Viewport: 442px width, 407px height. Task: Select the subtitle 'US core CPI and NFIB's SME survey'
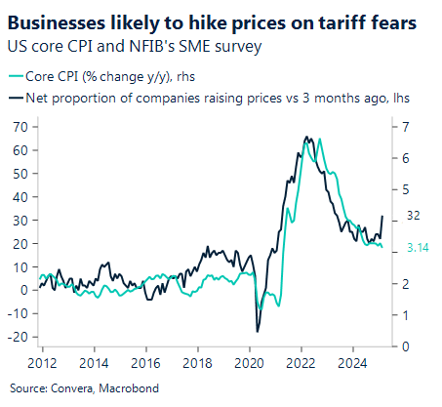click(x=133, y=45)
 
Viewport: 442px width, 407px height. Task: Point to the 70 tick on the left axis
click(x=18, y=127)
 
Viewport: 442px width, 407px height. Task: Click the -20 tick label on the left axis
click(x=16, y=337)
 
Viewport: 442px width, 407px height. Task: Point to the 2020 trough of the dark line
click(x=258, y=332)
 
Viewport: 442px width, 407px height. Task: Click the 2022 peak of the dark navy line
click(x=307, y=137)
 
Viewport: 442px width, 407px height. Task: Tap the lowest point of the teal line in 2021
click(x=278, y=305)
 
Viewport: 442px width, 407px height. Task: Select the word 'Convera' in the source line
click(x=68, y=386)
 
